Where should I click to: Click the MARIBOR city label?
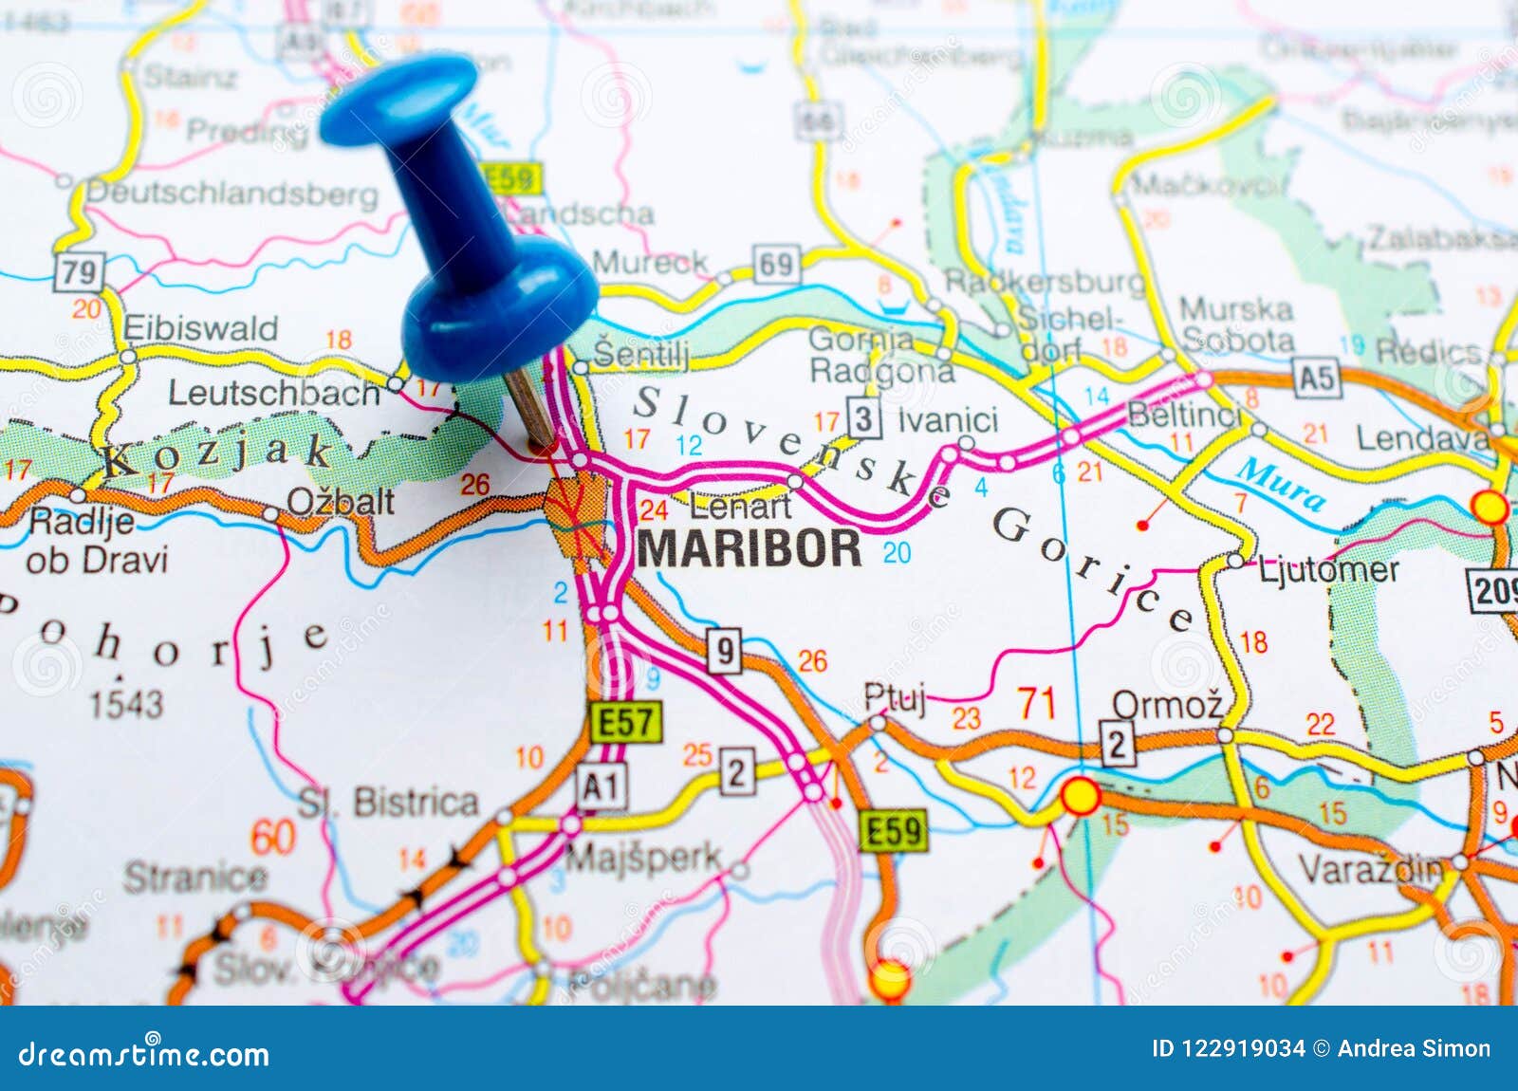[x=750, y=548]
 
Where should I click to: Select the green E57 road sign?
[x=626, y=723]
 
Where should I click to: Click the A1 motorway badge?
[x=602, y=786]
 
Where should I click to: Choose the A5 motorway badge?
[x=1317, y=379]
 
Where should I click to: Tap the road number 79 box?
[x=79, y=273]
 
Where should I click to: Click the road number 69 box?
[x=776, y=265]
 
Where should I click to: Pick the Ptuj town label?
[x=894, y=697]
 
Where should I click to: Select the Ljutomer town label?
[x=1328, y=570]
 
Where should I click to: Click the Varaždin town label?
[x=1370, y=868]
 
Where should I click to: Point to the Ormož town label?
[x=1167, y=705]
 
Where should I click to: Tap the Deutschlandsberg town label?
[x=232, y=194]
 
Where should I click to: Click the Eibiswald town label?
[x=201, y=329]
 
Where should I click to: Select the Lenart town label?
[x=740, y=507]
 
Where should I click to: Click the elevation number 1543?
[x=126, y=704]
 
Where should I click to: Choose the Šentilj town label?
[x=641, y=354]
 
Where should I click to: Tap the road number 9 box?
[x=724, y=652]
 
